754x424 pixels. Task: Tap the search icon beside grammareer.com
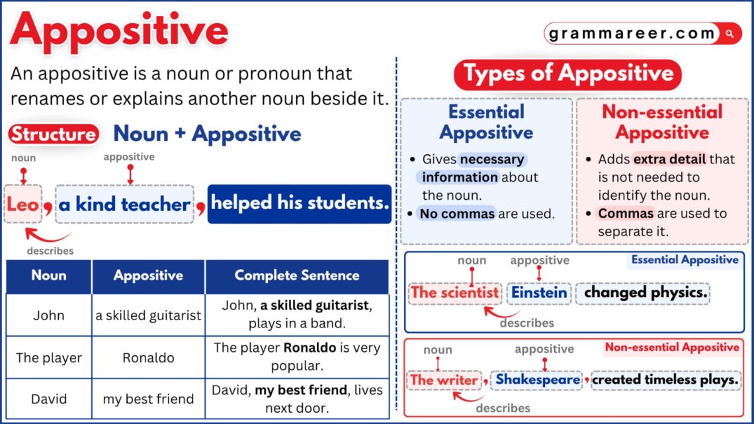coord(730,33)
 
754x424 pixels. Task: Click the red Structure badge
coord(54,134)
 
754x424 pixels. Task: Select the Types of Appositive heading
coord(567,73)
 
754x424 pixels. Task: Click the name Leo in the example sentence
coord(23,204)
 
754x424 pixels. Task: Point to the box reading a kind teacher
coord(124,204)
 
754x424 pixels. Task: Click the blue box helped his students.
coord(300,204)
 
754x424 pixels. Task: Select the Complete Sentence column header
coord(297,276)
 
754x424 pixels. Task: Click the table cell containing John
coord(49,316)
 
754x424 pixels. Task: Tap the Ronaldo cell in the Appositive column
coord(148,358)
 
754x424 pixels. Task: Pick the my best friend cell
coord(148,399)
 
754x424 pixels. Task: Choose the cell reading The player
coord(49,358)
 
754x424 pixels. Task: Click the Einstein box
coord(540,292)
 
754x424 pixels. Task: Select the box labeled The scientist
coord(455,292)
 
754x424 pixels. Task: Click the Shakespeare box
coord(536,380)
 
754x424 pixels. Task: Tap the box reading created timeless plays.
coord(665,380)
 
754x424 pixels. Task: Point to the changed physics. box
coord(642,292)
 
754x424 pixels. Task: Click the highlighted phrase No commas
coord(458,214)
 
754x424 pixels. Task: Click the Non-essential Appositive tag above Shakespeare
coord(671,347)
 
